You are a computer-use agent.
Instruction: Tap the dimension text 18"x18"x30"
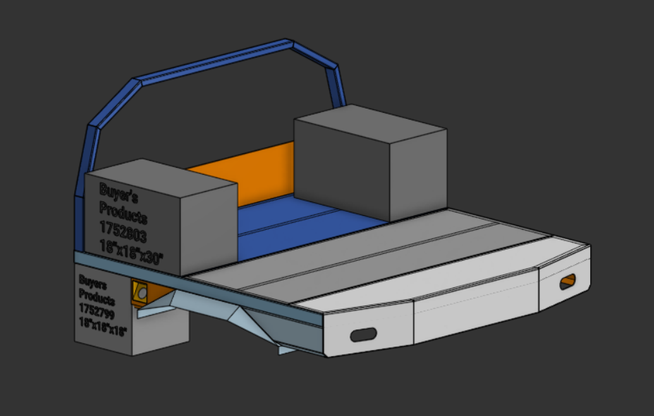131,252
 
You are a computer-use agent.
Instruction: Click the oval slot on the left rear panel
363,335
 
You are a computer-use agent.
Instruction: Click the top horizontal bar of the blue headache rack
213,62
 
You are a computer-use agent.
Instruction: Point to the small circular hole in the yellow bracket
142,294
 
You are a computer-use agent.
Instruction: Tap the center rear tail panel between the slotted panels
474,313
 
